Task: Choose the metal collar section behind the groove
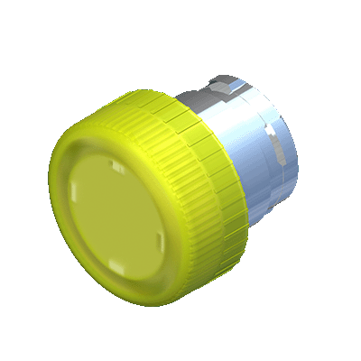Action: point(275,171)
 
